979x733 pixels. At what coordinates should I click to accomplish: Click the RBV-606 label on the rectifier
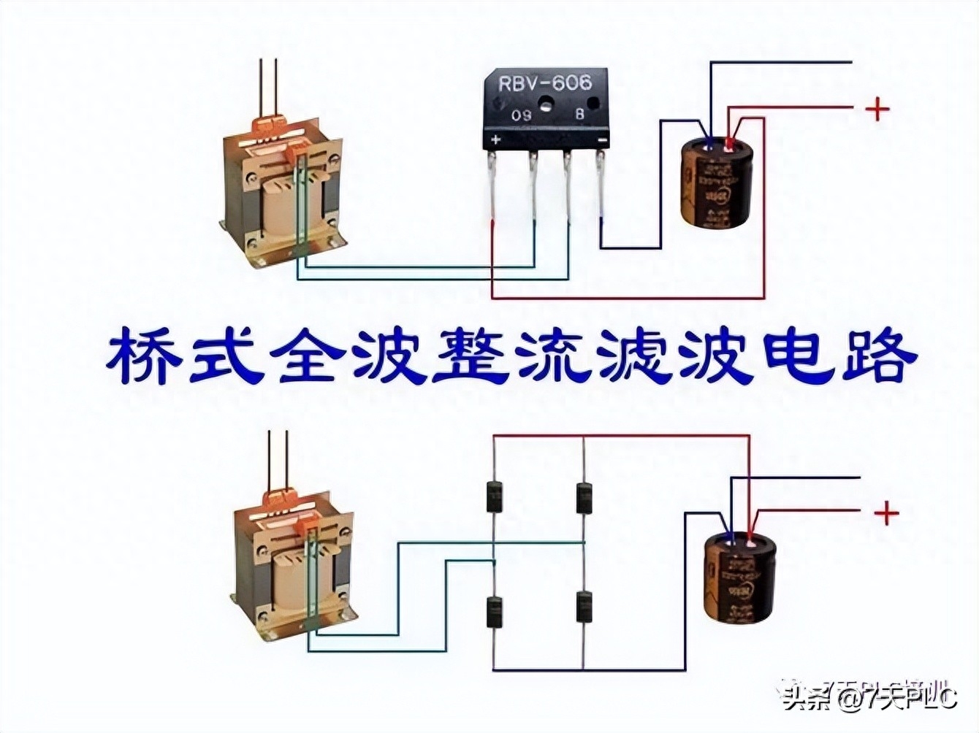(x=544, y=83)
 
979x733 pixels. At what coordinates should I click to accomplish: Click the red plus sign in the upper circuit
(x=877, y=110)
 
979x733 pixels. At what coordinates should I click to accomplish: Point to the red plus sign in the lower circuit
(x=886, y=513)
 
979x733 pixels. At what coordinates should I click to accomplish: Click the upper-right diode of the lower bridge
(x=584, y=498)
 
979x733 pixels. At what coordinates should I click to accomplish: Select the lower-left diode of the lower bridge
(x=495, y=612)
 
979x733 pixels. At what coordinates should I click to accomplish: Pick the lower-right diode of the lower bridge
(x=584, y=606)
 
